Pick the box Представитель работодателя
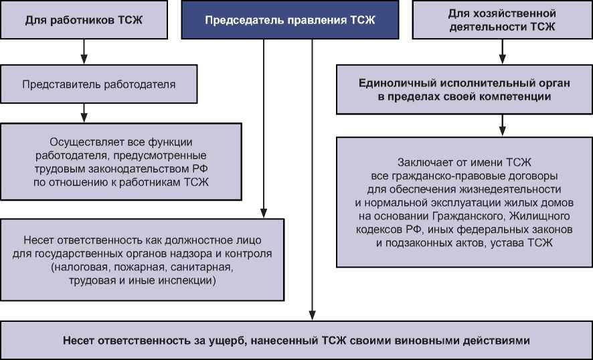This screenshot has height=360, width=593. point(98,84)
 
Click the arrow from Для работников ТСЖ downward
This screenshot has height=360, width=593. point(84,51)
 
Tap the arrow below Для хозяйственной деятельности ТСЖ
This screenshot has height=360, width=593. point(502,51)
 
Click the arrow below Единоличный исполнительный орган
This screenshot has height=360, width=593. point(502,124)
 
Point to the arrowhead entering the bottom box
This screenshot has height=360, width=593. point(312,316)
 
